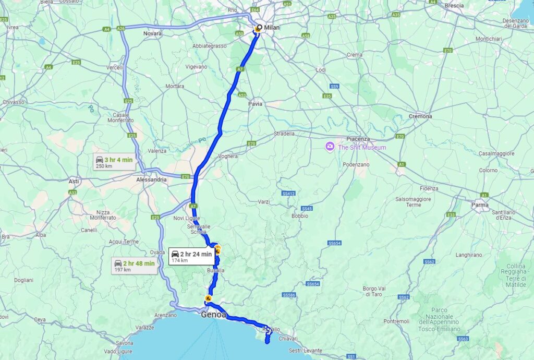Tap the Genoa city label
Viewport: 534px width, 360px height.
point(214,315)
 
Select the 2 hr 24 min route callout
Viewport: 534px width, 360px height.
point(191,256)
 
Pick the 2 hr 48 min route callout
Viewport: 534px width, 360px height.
point(135,266)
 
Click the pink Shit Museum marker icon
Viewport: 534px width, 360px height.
point(330,147)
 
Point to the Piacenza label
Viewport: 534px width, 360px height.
point(358,139)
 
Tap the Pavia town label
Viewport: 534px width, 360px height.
point(256,104)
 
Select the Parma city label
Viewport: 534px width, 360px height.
point(480,205)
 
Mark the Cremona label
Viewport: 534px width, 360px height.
point(420,116)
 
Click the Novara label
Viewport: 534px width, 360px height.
point(152,33)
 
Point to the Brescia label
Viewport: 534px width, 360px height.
point(455,6)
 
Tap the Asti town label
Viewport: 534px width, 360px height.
point(74,181)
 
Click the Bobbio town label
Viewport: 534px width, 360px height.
point(300,215)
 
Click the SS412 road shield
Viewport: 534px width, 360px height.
point(288,194)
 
